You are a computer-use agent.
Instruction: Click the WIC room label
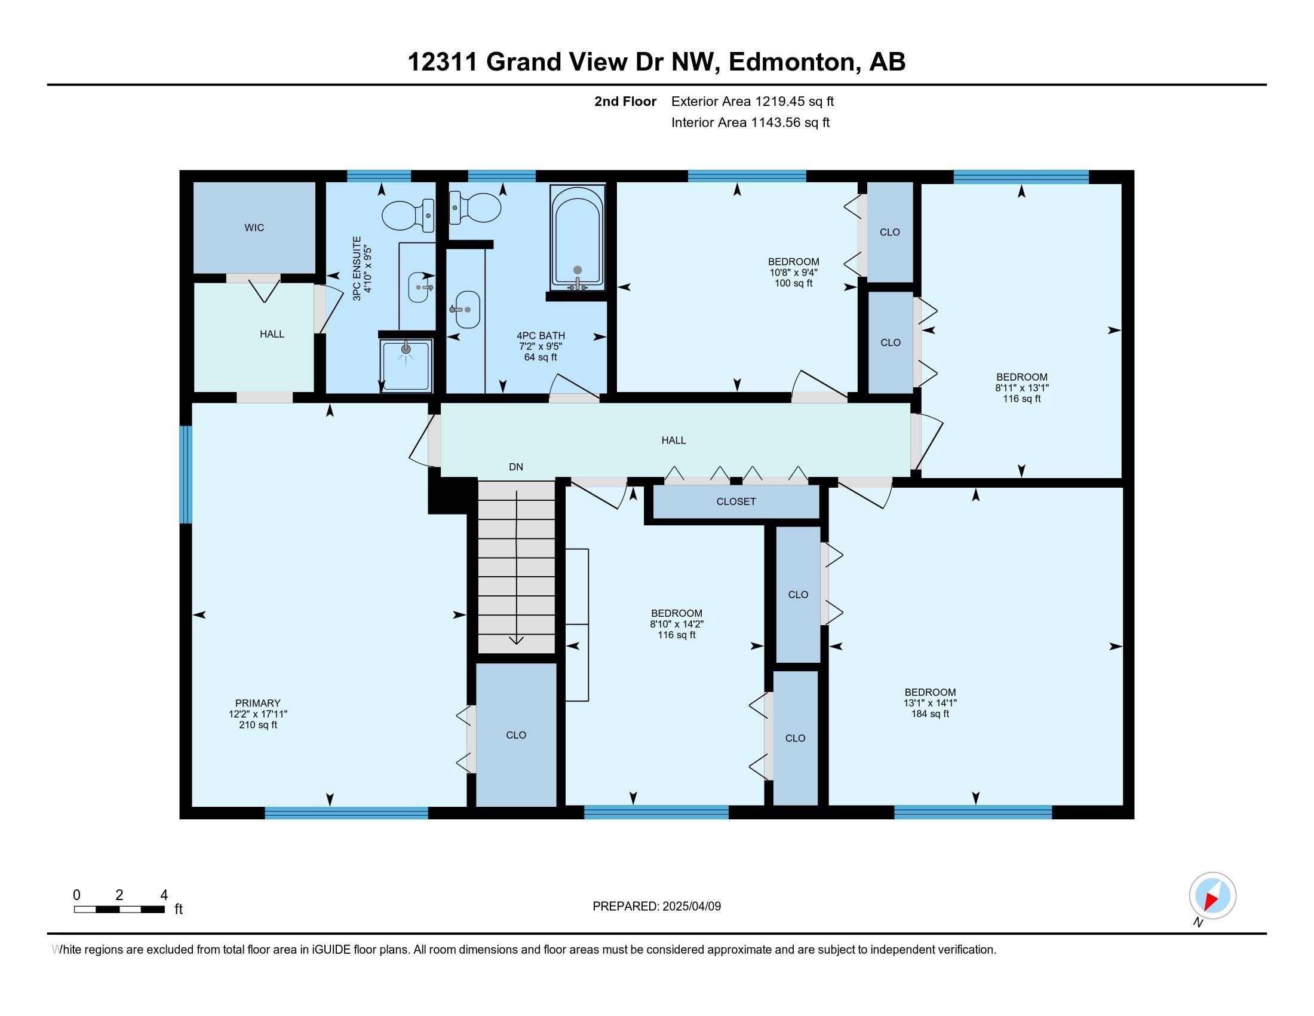point(254,228)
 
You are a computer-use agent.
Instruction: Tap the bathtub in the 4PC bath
point(578,237)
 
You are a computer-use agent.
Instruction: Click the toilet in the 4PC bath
point(475,207)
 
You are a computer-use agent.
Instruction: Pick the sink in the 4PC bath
point(466,310)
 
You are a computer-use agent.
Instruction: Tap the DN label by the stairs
point(515,467)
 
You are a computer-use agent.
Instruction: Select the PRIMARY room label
point(257,703)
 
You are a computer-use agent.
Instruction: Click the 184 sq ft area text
point(930,714)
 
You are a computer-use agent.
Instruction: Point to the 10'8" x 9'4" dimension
point(793,272)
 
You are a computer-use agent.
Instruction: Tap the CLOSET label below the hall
point(736,501)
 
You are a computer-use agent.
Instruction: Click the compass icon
point(1212,895)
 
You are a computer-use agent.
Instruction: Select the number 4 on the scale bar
point(164,895)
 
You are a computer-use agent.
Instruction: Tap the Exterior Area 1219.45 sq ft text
point(753,101)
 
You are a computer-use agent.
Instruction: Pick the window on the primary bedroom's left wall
point(186,475)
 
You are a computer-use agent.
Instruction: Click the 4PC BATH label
point(541,335)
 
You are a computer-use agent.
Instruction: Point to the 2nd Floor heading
point(625,101)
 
